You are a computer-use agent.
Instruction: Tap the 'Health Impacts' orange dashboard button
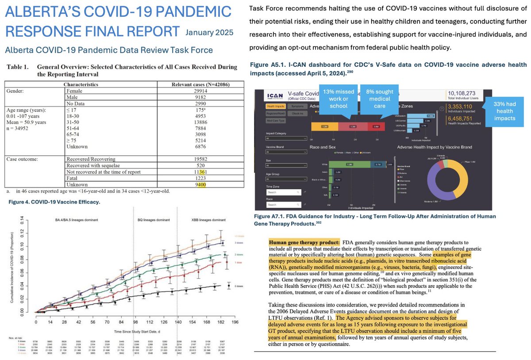(275, 106)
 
